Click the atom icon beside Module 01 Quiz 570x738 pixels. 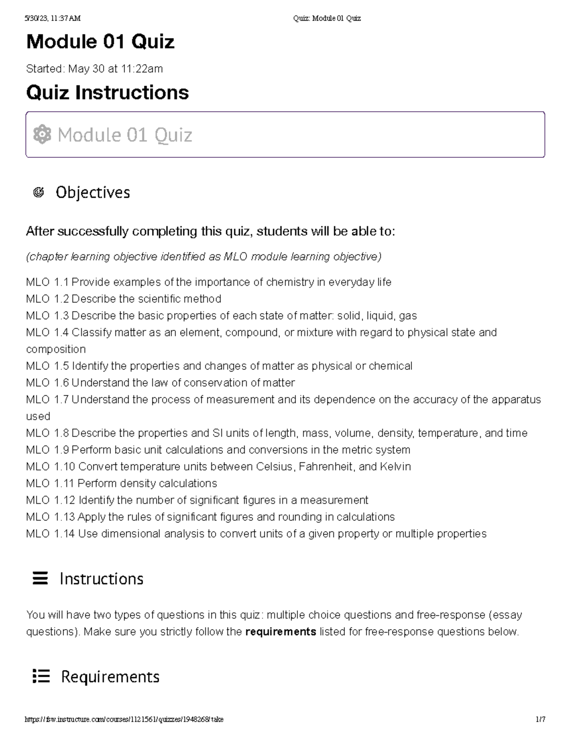pos(42,134)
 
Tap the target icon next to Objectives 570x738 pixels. pos(39,192)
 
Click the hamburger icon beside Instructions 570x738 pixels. pos(40,578)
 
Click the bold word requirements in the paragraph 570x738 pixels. pos(281,632)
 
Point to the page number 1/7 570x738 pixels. pos(540,719)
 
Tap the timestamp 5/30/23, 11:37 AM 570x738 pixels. pos(53,19)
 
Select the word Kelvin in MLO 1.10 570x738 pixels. pos(395,467)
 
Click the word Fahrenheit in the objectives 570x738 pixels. pos(327,467)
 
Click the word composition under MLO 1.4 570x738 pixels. pos(56,349)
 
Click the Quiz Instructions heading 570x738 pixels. pos(107,92)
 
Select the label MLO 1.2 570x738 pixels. pos(47,299)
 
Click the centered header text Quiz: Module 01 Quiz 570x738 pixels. pos(327,19)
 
